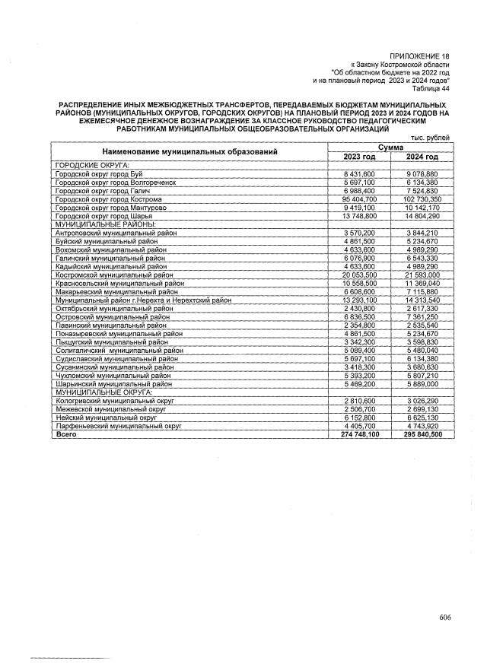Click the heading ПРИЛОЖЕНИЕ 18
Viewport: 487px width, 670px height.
click(419, 57)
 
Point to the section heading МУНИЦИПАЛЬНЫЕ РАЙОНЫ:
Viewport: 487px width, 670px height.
click(103, 224)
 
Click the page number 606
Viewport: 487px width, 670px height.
click(445, 617)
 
